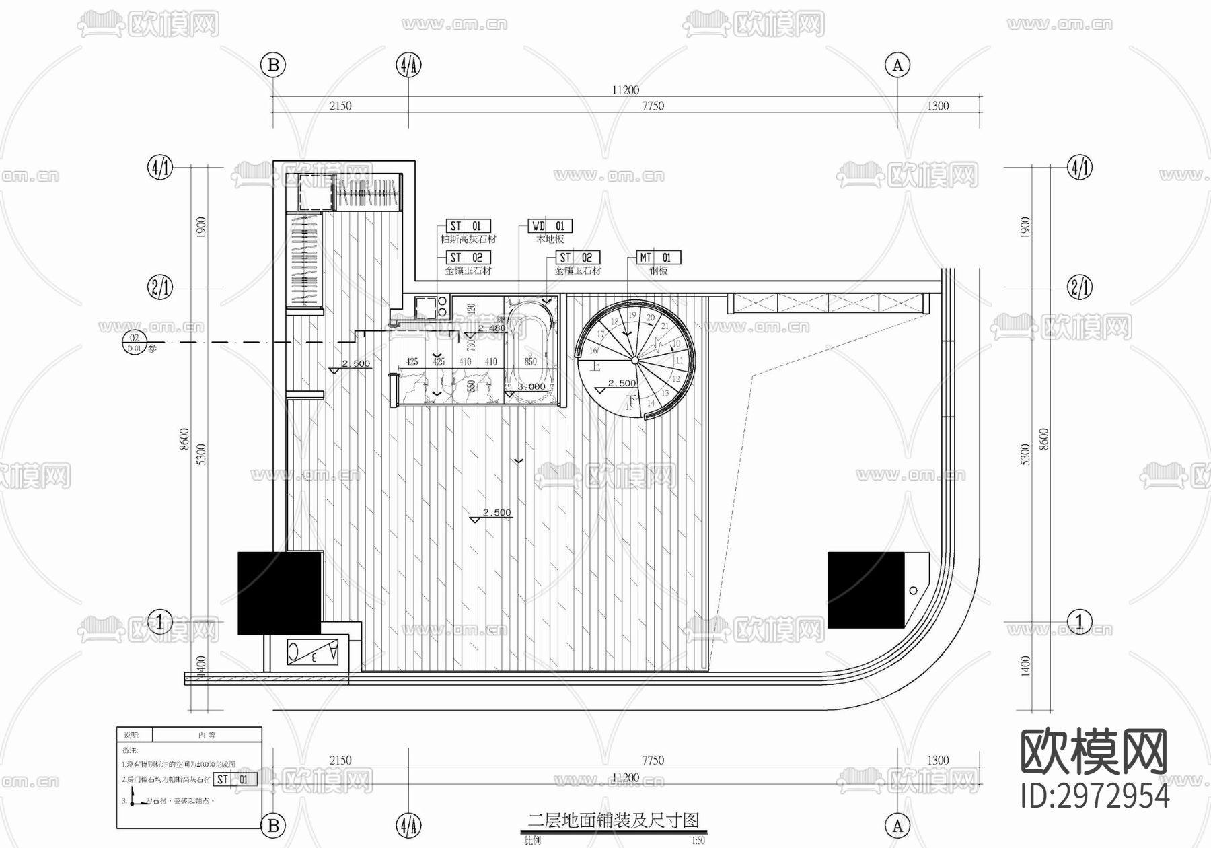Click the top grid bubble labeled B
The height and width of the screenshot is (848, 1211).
273,65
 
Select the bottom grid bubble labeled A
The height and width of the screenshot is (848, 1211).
897,825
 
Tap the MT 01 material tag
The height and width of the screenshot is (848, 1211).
659,258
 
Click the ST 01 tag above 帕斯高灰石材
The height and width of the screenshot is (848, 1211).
468,226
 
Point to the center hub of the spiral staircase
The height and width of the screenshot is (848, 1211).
634,361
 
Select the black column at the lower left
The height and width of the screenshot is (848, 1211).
279,592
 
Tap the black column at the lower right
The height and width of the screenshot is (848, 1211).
866,590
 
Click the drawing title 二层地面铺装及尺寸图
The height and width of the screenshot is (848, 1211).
613,820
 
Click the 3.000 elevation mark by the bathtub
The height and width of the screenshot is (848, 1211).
531,387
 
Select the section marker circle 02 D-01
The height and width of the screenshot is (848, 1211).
135,343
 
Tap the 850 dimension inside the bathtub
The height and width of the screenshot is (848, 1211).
531,361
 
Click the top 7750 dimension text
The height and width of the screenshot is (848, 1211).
653,106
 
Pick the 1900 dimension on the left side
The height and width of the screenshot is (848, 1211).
201,227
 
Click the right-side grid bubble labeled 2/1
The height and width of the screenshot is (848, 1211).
1080,288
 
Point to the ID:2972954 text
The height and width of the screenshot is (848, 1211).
1095,797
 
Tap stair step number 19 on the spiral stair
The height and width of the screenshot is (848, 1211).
632,315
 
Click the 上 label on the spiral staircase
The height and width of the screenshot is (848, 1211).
595,367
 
